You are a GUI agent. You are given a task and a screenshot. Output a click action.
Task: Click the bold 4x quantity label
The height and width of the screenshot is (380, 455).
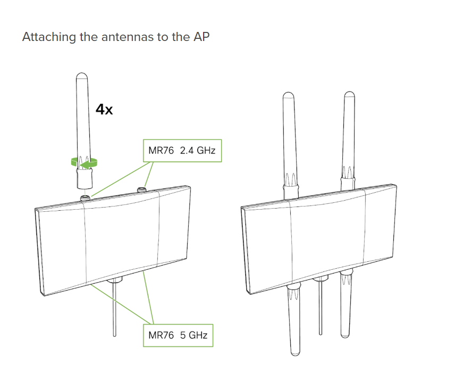click(x=104, y=110)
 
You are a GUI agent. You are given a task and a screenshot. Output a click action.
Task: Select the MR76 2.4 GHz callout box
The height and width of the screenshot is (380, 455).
click(x=182, y=151)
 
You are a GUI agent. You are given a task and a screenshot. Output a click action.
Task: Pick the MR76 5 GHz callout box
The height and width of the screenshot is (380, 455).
click(x=178, y=335)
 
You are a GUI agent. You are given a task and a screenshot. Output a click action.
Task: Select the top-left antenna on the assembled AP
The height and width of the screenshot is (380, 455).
click(x=289, y=138)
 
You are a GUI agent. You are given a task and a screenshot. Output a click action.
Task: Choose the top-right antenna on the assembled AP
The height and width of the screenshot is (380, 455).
click(x=349, y=133)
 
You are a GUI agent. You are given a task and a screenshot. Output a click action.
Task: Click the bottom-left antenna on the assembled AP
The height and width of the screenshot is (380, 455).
click(x=294, y=319)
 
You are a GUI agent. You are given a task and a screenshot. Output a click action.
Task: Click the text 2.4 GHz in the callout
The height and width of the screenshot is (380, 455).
click(x=197, y=151)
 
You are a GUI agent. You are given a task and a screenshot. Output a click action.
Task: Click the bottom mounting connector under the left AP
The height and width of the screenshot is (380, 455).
click(x=115, y=280)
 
